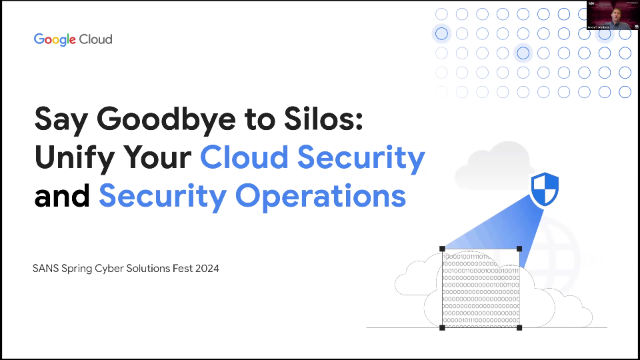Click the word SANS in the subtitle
point(49,268)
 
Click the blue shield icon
point(544,188)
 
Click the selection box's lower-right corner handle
point(519,327)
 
